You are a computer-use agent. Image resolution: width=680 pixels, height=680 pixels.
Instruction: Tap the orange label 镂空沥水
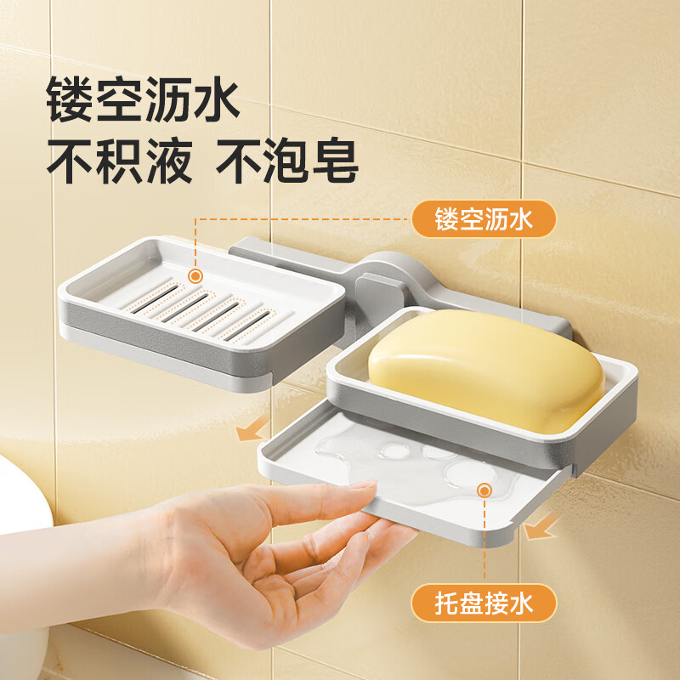[x=484, y=219]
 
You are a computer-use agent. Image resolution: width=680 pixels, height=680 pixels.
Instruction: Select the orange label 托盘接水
[x=484, y=604]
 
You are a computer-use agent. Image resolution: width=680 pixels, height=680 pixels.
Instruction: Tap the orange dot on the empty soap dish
[x=195, y=276]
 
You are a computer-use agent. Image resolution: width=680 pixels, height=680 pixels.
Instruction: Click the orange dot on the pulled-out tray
[x=484, y=490]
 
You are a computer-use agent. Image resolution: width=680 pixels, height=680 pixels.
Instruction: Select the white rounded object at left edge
[x=21, y=510]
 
